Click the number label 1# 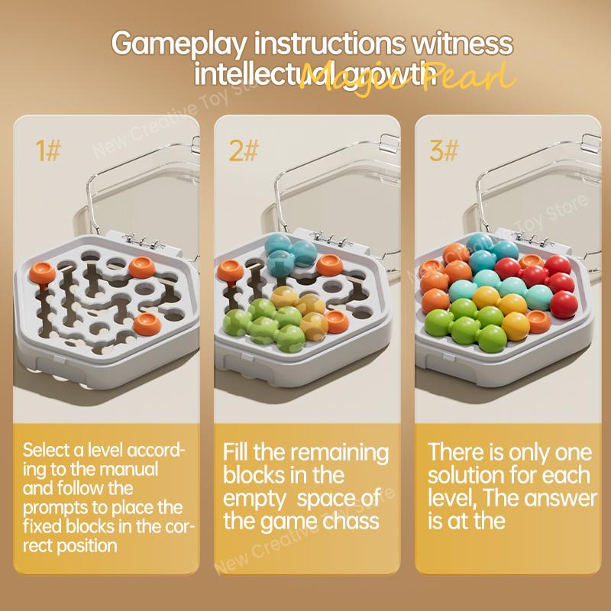(x=48, y=150)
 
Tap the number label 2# (x=244, y=150)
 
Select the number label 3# (x=443, y=150)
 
